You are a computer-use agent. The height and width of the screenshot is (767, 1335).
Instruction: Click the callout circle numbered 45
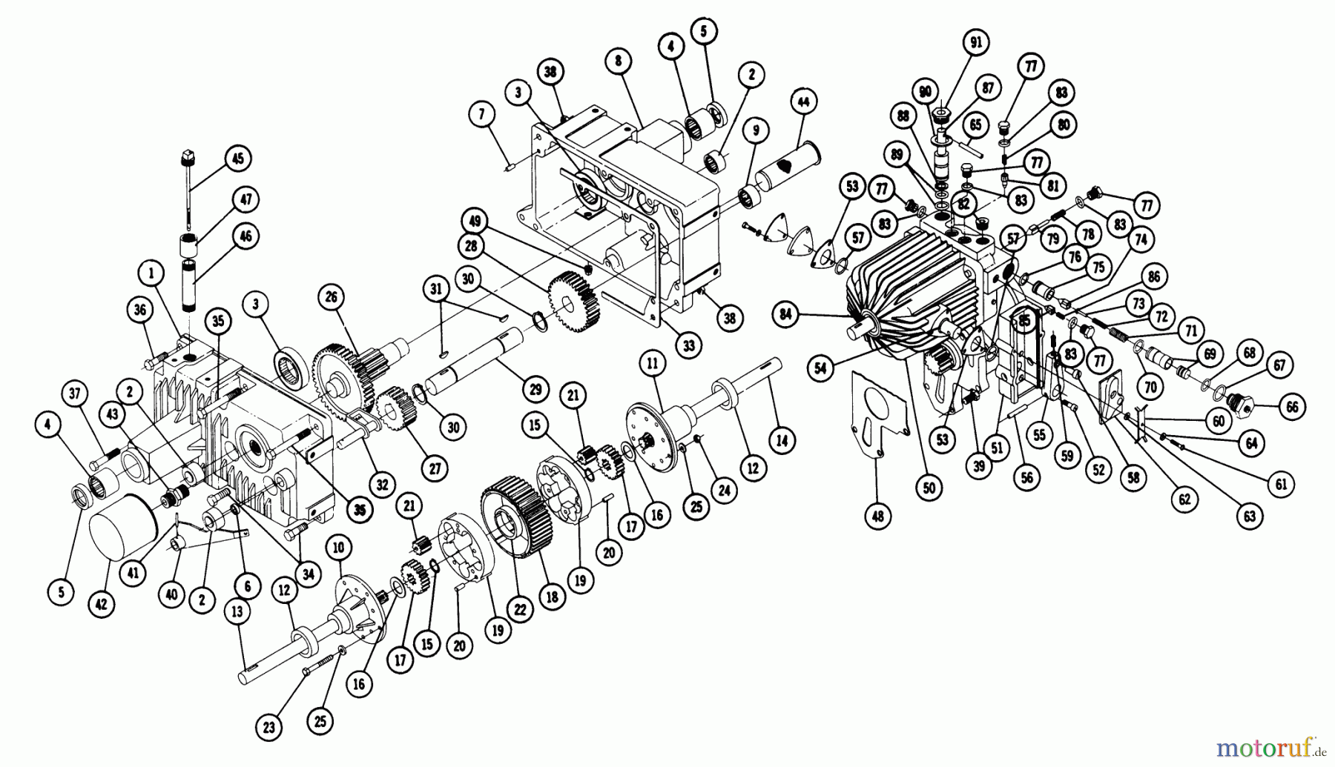(237, 159)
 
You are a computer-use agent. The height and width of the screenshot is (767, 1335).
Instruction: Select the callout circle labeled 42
(102, 604)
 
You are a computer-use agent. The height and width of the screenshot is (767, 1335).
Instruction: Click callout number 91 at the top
(975, 43)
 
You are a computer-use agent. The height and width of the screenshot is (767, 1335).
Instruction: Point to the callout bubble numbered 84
(785, 315)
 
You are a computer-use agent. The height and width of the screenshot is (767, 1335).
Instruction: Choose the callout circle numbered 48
(878, 516)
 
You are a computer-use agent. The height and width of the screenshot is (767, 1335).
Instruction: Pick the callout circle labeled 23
(269, 728)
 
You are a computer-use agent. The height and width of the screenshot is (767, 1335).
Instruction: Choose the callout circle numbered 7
(481, 115)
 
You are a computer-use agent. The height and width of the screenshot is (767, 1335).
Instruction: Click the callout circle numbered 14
(782, 440)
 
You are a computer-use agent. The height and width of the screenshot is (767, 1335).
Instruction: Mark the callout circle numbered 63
(1249, 516)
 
